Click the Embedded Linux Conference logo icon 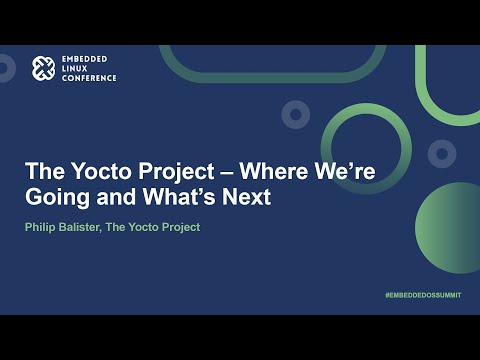pos(42,68)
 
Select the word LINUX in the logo pos(77,68)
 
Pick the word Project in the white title pos(171,170)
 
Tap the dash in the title pos(225,170)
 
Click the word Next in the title pos(248,197)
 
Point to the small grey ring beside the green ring pos(295,115)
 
